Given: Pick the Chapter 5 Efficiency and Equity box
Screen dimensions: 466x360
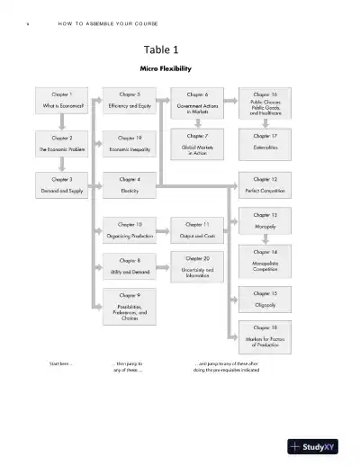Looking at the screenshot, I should click(x=130, y=100).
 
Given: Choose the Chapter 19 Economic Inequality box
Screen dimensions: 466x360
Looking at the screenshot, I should click(x=130, y=144).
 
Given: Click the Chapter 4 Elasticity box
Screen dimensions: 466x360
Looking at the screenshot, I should click(x=130, y=184).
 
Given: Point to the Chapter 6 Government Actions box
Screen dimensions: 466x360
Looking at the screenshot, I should click(x=198, y=102).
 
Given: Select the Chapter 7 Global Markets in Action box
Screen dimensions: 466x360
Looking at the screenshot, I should click(x=198, y=145).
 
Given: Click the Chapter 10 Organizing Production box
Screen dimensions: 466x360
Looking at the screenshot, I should click(x=130, y=229).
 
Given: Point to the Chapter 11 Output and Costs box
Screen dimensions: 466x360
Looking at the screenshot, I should click(x=198, y=229).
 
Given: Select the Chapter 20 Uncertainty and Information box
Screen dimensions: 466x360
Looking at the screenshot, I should click(x=198, y=266).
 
